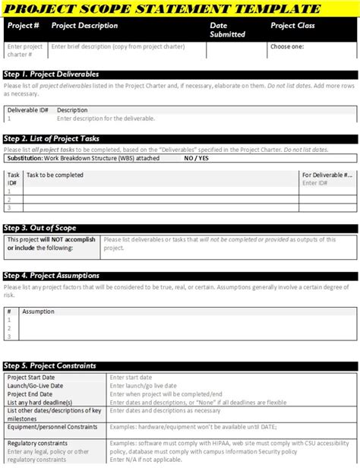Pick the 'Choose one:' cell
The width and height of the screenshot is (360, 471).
(x=287, y=46)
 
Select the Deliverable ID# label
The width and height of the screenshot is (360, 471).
(x=27, y=110)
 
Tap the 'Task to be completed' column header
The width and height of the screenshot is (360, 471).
(x=55, y=175)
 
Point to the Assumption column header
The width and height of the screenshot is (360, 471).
(x=38, y=311)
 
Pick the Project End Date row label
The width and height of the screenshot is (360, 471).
(x=30, y=394)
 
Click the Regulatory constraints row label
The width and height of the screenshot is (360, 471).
(x=38, y=443)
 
